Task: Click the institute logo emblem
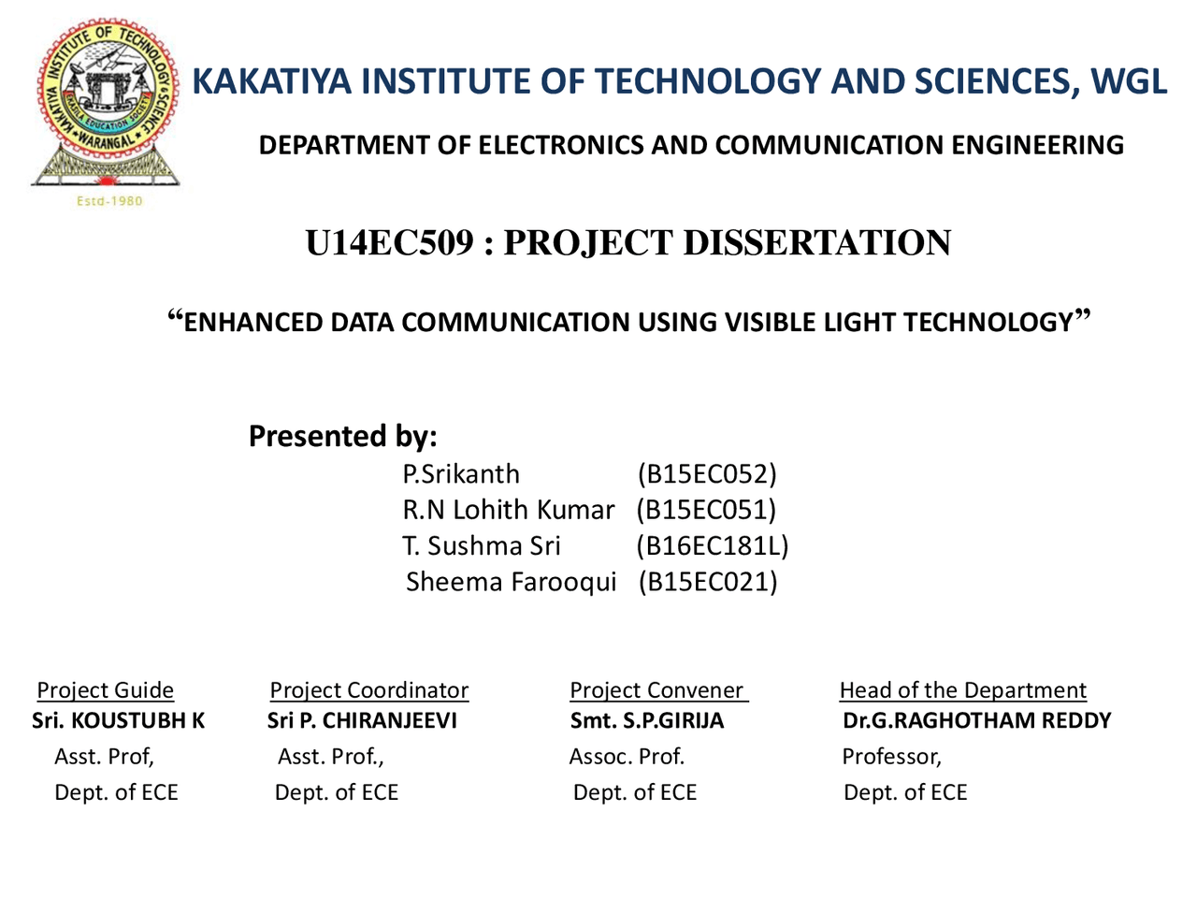pos(106,104)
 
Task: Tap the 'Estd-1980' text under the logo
pos(109,201)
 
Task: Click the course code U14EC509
pos(389,242)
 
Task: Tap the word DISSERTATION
pos(817,242)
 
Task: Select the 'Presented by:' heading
pos(343,436)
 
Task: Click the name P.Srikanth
pos(461,474)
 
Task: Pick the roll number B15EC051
pos(706,510)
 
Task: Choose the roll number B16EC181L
pos(713,545)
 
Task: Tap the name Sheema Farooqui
pos(511,582)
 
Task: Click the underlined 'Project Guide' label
pos(106,690)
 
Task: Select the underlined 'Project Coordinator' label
pos(369,690)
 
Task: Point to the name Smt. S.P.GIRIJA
pos(647,721)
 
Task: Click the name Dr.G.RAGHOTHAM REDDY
pos(976,721)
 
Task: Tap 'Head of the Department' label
pos(963,690)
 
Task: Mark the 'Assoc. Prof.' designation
pos(627,756)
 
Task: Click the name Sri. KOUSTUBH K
pos(118,721)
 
